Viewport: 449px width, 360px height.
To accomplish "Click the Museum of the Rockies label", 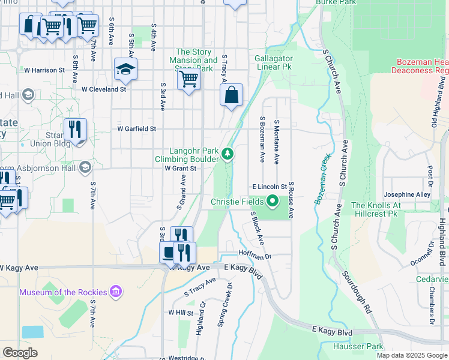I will (63, 292).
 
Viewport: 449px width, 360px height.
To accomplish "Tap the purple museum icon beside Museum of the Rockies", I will (116, 292).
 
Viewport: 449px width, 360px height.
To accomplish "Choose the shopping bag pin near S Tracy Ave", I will (231, 95).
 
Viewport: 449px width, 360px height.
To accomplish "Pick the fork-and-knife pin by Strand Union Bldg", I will (76, 130).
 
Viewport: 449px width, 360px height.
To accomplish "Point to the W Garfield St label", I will (136, 128).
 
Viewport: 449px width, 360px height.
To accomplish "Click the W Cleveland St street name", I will (104, 89).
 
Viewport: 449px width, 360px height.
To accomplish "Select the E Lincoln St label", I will (270, 187).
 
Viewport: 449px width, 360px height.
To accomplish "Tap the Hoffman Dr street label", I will (255, 254).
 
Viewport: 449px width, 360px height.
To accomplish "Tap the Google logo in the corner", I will (20, 352).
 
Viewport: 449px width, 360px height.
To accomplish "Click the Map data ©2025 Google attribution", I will (412, 355).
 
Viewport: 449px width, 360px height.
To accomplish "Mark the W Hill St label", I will (181, 313).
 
